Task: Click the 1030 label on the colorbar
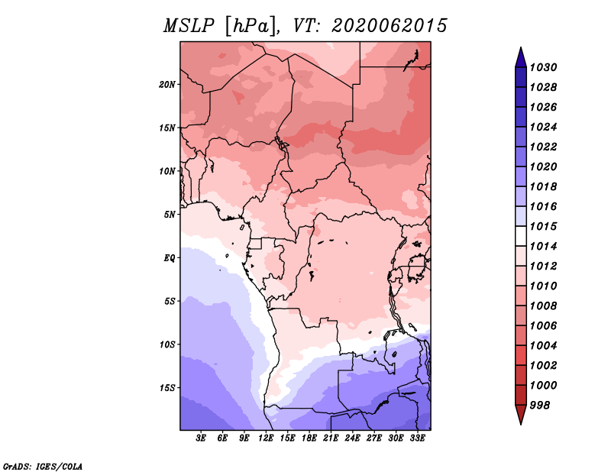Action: pyautogui.click(x=543, y=67)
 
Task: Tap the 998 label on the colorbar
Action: pyautogui.click(x=540, y=406)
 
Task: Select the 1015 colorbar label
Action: pyautogui.click(x=543, y=226)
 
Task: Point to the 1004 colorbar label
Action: pyautogui.click(x=543, y=346)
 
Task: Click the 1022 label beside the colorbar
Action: pyautogui.click(x=543, y=147)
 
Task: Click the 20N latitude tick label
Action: pyautogui.click(x=167, y=85)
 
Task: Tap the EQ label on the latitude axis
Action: pyautogui.click(x=170, y=258)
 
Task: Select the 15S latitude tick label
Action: pyautogui.click(x=167, y=388)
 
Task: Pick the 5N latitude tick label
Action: pyautogui.click(x=170, y=215)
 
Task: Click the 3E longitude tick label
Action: pyautogui.click(x=201, y=438)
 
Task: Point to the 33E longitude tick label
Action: pyautogui.click(x=417, y=438)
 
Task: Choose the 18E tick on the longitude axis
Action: pyautogui.click(x=309, y=438)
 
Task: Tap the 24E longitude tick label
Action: pyautogui.click(x=352, y=438)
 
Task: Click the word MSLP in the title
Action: pyautogui.click(x=189, y=26)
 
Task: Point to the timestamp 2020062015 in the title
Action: pyautogui.click(x=390, y=26)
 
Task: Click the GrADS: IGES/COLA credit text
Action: pyautogui.click(x=43, y=467)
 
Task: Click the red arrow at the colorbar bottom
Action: pyautogui.click(x=521, y=413)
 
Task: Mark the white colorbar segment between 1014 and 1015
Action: pyautogui.click(x=521, y=236)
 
